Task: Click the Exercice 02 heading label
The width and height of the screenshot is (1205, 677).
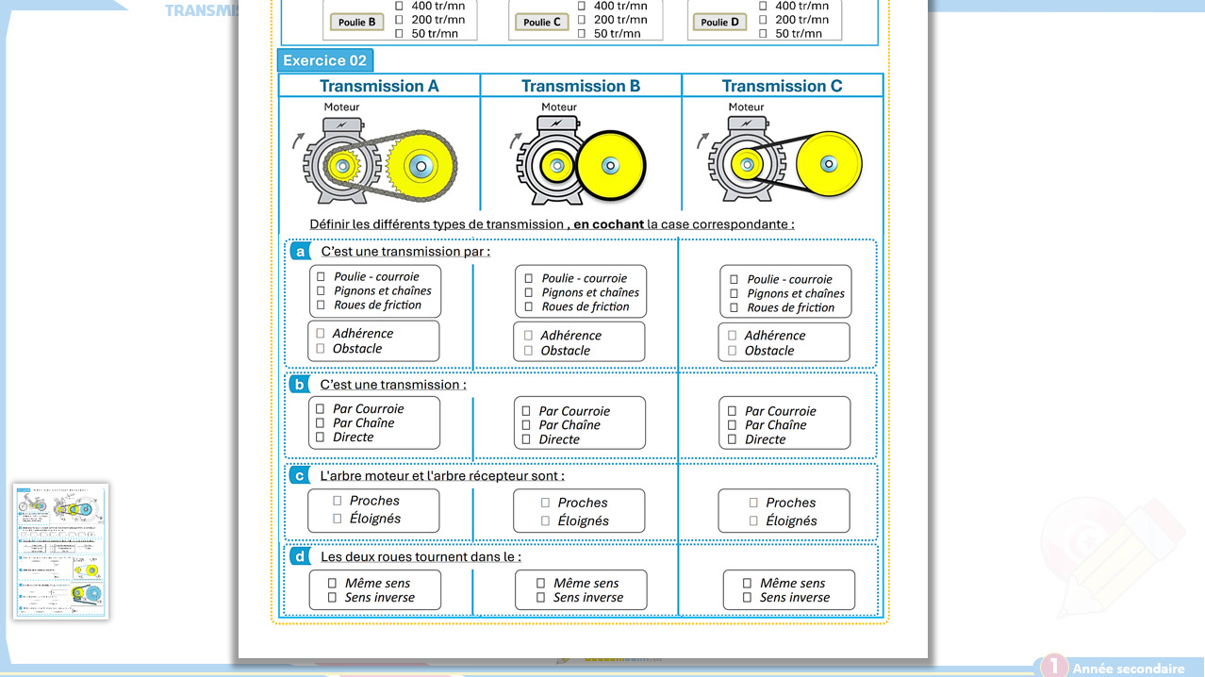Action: pos(324,60)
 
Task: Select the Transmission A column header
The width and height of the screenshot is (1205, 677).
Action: pos(379,86)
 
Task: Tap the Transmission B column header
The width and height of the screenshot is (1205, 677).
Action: pos(581,86)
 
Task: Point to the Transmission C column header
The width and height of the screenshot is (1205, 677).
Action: pos(782,86)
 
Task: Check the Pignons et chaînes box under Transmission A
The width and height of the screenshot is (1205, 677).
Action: pos(322,290)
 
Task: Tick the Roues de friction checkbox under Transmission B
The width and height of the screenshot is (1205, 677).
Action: pos(529,306)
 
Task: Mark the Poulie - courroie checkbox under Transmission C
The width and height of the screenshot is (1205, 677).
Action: pos(735,279)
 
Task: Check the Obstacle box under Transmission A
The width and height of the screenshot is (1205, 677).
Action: pos(321,349)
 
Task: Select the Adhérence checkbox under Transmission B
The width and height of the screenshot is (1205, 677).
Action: pos(528,336)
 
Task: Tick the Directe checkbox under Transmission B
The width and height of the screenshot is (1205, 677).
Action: pos(526,439)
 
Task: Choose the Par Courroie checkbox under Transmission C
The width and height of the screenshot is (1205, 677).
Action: pos(733,411)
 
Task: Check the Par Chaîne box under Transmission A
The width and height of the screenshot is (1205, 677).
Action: pos(321,422)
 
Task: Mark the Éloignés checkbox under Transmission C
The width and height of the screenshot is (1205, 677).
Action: pos(753,520)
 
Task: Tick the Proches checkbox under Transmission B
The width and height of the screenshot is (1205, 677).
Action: pos(545,504)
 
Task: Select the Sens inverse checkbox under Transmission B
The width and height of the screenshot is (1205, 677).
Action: pos(541,597)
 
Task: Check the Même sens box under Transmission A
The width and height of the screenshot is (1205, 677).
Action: pos(332,584)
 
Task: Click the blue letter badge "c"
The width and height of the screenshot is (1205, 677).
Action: pos(299,475)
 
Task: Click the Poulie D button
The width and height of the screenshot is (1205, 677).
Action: pos(719,22)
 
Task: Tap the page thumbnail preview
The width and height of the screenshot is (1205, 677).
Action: pos(61,552)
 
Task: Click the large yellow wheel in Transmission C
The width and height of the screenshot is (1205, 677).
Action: pos(829,164)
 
